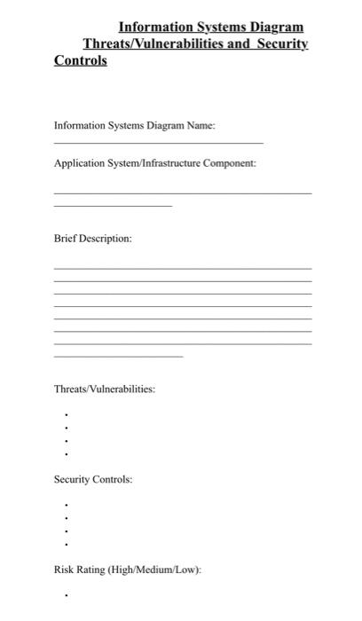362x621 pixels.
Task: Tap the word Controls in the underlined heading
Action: [x=81, y=60]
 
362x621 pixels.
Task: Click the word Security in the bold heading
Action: [x=281, y=43]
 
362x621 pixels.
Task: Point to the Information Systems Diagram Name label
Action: [x=134, y=125]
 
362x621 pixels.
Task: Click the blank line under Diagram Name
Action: [x=159, y=143]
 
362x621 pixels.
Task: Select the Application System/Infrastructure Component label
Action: [x=155, y=163]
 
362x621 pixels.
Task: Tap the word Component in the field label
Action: [x=232, y=163]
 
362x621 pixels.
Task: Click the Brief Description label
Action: [x=93, y=239]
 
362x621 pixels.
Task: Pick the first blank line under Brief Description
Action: [x=183, y=268]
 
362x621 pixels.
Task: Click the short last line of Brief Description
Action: [x=119, y=357]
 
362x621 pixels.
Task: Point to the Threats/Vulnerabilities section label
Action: [x=105, y=389]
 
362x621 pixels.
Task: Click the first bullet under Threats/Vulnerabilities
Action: [x=66, y=414]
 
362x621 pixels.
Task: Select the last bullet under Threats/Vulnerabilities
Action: [x=66, y=454]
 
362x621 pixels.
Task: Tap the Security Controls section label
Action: [x=93, y=479]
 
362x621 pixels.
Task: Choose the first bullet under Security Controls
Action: [x=66, y=505]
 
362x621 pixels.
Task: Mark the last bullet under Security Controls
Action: [x=66, y=544]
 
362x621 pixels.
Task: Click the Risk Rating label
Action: [x=128, y=569]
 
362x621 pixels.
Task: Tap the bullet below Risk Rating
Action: [x=66, y=595]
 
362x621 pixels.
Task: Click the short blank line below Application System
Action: [x=113, y=206]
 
